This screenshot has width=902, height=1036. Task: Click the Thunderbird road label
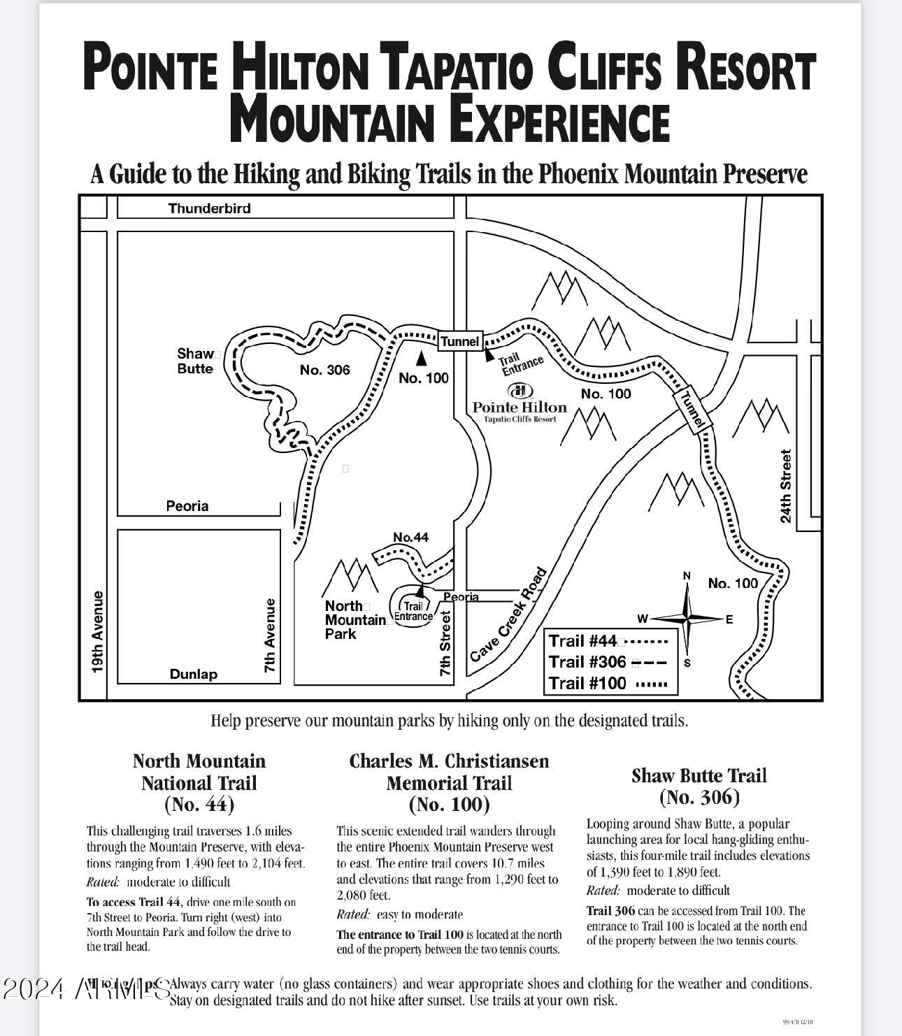[x=209, y=208]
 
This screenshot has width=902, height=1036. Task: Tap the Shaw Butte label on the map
[x=196, y=361]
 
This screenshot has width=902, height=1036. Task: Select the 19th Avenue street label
[x=98, y=633]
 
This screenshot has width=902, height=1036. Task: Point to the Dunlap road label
[x=194, y=674]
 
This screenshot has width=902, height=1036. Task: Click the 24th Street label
[x=787, y=487]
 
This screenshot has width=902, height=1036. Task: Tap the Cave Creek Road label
[x=508, y=615]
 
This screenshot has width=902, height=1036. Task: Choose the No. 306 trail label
[x=325, y=370]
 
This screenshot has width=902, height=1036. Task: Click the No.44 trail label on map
[x=411, y=537]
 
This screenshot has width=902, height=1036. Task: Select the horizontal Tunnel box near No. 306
[x=460, y=341]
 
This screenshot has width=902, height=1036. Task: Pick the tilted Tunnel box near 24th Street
[x=692, y=410]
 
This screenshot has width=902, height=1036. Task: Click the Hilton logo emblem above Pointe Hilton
[x=520, y=391]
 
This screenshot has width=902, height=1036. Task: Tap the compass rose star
[x=688, y=619]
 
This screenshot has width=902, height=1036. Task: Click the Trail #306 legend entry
[x=608, y=662]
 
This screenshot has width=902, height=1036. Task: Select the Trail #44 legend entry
[x=608, y=641]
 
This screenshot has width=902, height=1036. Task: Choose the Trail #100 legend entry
[x=608, y=684]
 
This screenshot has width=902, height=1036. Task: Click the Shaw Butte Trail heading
[x=699, y=776]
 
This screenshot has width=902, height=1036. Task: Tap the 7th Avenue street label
[x=271, y=636]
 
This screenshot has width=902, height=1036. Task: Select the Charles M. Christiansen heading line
[x=450, y=761]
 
